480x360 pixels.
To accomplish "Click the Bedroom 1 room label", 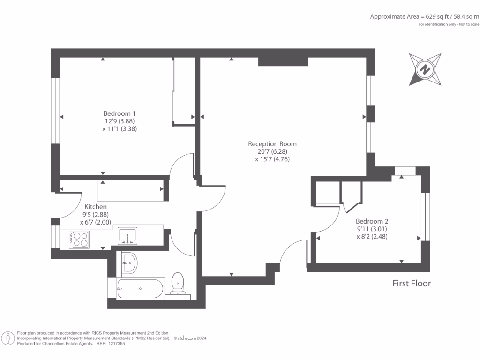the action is click(120, 113).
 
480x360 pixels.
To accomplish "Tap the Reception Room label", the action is click(272, 144).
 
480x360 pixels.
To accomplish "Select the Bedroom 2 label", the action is click(372, 221).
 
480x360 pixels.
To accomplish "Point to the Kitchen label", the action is click(96, 207).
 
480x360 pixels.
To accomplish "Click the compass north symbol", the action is click(425, 69).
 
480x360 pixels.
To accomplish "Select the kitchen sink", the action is click(127, 236).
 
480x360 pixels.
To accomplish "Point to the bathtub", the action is click(141, 288).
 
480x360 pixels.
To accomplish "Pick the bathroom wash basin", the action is click(129, 262).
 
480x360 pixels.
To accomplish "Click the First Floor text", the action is click(412, 284).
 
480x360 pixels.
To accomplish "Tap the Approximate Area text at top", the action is click(425, 17).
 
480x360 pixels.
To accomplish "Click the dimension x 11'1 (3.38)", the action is click(120, 129).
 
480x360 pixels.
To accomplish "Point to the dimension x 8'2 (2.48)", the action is click(372, 237).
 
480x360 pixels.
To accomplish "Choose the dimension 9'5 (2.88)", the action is click(96, 215).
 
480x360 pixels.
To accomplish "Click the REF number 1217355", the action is click(115, 344).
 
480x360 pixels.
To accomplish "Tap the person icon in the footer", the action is click(8, 338).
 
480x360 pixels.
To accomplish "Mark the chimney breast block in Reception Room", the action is click(283, 61).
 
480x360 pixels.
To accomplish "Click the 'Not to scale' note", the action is click(469, 24).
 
